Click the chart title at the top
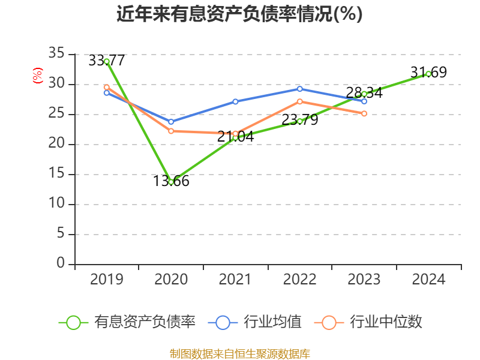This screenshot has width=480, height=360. pyautogui.click(x=239, y=14)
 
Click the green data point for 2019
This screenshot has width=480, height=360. pyautogui.click(x=107, y=61)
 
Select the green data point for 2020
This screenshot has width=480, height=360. pyautogui.click(x=171, y=182)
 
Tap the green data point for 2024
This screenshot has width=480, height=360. pyautogui.click(x=428, y=74)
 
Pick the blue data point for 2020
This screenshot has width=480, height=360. pyautogui.click(x=171, y=122)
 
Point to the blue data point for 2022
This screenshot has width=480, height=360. pyautogui.click(x=300, y=89)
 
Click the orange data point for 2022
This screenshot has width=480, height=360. pyautogui.click(x=300, y=101)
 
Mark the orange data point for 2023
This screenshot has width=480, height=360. pyautogui.click(x=364, y=113)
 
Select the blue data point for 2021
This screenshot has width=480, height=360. pyautogui.click(x=235, y=101)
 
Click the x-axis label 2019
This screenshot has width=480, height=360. pyautogui.click(x=107, y=280)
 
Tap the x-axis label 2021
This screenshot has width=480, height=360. pyautogui.click(x=235, y=280)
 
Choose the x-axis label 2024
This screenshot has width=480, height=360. pyautogui.click(x=428, y=280)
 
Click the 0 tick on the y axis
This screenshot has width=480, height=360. pyautogui.click(x=60, y=263)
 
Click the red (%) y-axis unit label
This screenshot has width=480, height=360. pyautogui.click(x=38, y=76)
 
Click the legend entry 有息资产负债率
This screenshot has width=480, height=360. pyautogui.click(x=145, y=322)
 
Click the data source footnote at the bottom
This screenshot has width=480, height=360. pyautogui.click(x=239, y=353)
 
